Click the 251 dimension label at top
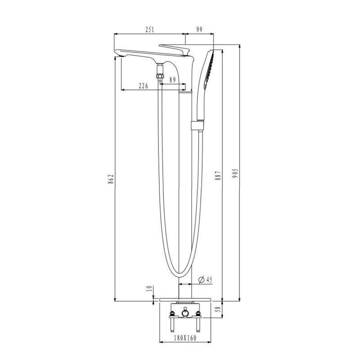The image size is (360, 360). [x=149, y=30]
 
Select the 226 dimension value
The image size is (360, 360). [x=143, y=86]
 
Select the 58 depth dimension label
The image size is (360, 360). [x=219, y=310]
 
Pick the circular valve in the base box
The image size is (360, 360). [x=185, y=313]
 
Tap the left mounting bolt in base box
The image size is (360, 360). [x=171, y=322]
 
